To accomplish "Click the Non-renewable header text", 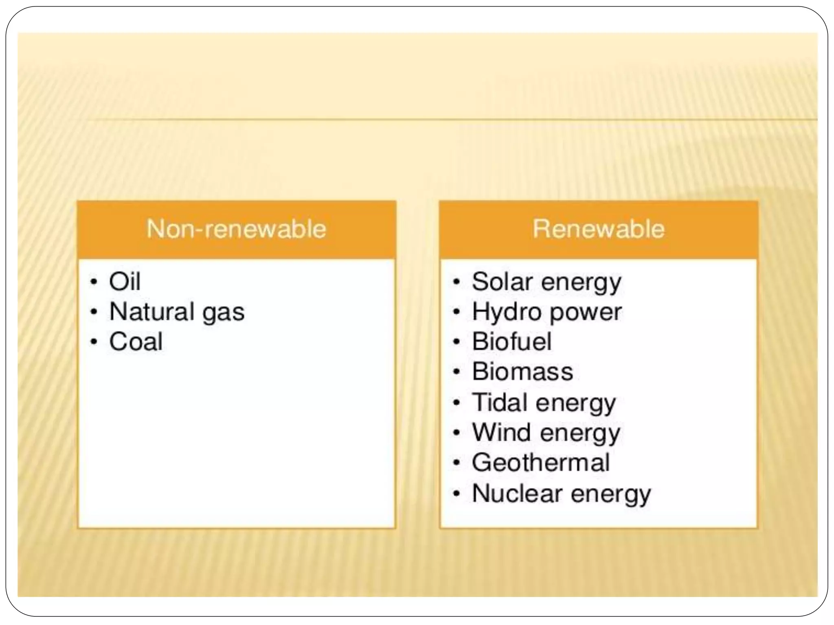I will point(236,229).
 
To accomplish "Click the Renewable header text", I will point(598,229).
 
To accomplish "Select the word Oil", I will point(125,281).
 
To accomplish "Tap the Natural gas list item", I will point(177,312).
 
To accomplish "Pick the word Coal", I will point(136,341).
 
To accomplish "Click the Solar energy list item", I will point(546,282).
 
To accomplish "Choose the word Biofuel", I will point(511,341).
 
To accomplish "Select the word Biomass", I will point(522,372).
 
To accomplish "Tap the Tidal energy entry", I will point(544,402).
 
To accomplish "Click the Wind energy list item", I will point(546,433).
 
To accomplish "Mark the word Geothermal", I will point(540,463).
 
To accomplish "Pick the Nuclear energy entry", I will point(561,494).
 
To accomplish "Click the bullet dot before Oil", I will point(94,282).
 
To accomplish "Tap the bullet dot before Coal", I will point(94,342).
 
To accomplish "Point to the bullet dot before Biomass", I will point(457,372).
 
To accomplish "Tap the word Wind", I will point(501,432).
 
